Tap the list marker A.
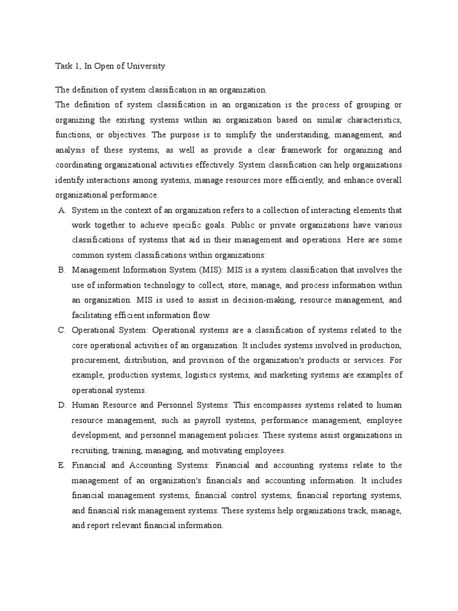tap(61, 211)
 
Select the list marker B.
tap(61, 270)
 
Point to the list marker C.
tap(61, 330)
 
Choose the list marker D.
tap(61, 405)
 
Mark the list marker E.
tap(61, 465)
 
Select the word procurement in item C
tap(95, 360)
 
